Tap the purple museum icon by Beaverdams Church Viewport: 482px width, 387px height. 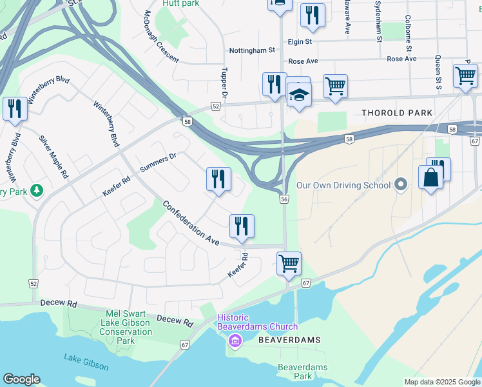coord(235,340)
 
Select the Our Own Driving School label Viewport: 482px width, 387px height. coord(343,186)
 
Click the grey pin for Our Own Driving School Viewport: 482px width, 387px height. coord(401,185)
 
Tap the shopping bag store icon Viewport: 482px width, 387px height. coord(430,177)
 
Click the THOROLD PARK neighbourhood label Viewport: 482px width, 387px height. coord(397,113)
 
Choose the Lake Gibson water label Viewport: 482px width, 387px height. coord(86,361)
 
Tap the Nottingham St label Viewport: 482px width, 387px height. coord(252,50)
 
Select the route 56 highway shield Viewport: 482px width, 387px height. coord(284,200)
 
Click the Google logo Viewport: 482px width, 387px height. coord(21,379)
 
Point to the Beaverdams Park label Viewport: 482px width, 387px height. coord(302,372)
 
